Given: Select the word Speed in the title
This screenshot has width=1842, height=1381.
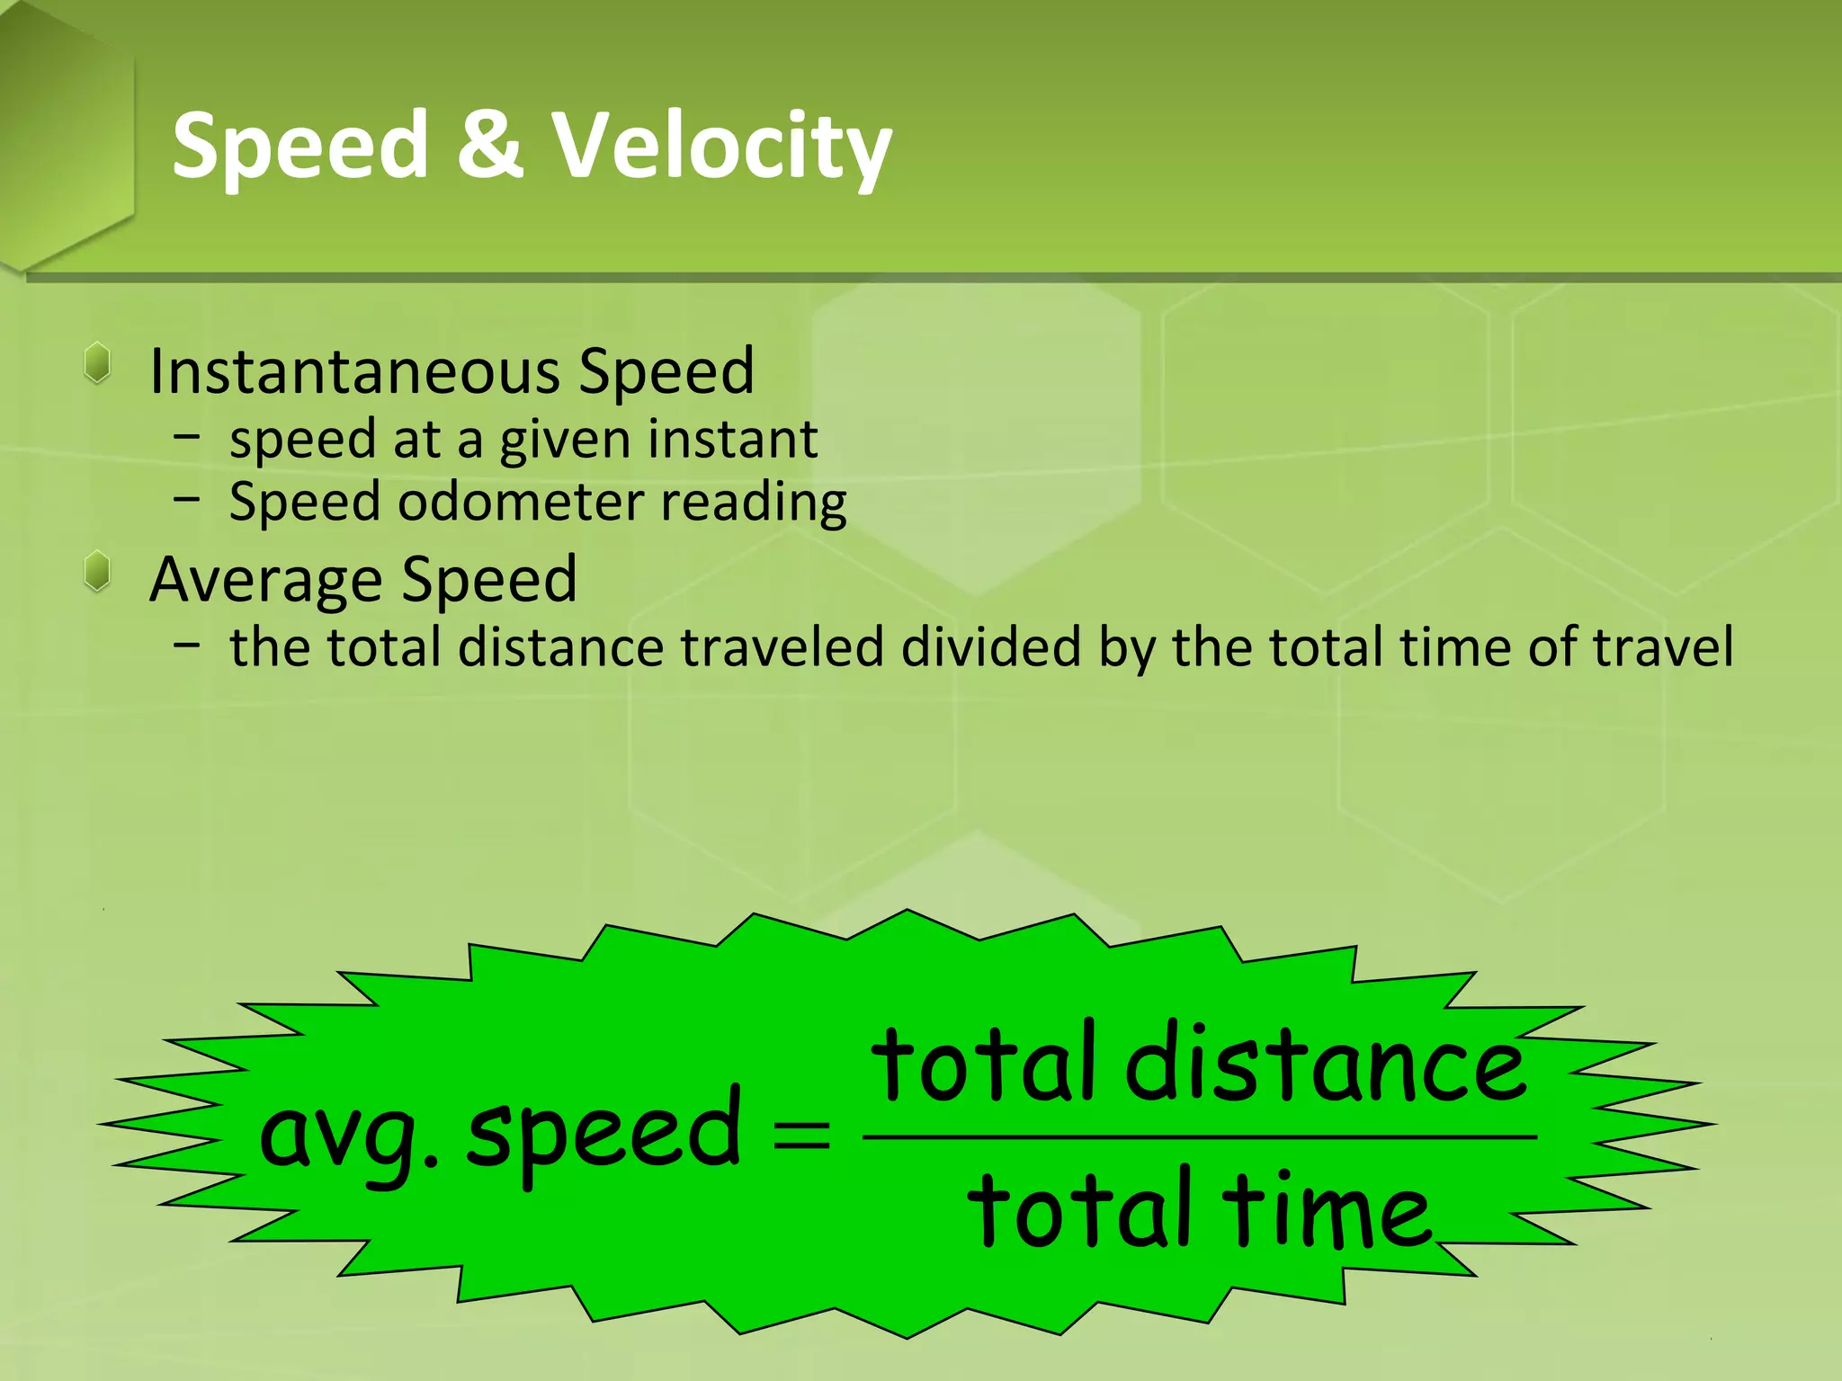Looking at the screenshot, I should pos(300,147).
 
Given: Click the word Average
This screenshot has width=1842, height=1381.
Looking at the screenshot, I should pos(266,580).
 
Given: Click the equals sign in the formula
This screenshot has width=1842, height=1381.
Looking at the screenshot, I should pos(801,1135).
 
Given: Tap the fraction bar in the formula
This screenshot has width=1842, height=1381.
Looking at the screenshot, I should pos(1199,1136).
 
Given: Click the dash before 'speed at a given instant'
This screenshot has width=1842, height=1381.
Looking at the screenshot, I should pos(187,438).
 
